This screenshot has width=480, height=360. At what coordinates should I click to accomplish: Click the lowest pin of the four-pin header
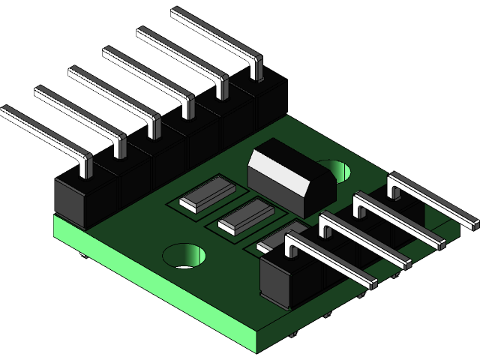(x=330, y=259)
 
